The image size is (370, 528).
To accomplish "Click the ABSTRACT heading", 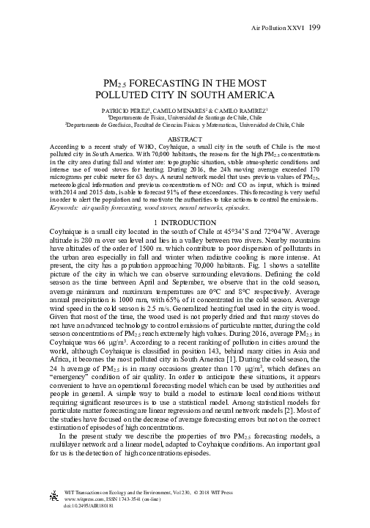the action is point(185,138).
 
